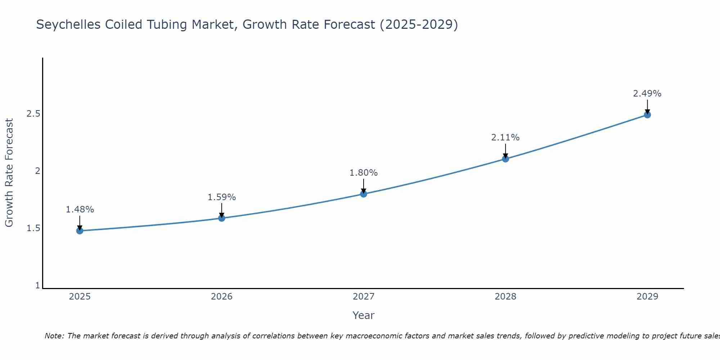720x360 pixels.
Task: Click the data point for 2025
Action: click(80, 231)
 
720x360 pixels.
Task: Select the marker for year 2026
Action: click(221, 218)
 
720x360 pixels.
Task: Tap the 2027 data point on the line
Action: click(364, 194)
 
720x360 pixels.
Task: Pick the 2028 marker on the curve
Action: click(505, 159)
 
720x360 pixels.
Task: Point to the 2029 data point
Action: click(647, 115)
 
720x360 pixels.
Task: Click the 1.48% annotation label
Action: click(80, 210)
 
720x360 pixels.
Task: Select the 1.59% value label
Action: click(221, 197)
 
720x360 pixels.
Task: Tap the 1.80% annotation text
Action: click(364, 173)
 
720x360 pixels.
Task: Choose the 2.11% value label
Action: click(505, 138)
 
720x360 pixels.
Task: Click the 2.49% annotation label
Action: click(647, 94)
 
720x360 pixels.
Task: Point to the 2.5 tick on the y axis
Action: click(33, 114)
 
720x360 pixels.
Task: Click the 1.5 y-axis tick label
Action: click(33, 228)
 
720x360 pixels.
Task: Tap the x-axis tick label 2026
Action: click(221, 297)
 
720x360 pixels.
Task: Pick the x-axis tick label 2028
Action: click(505, 297)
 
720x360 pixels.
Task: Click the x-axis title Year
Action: click(364, 315)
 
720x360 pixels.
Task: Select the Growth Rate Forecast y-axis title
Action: click(9, 173)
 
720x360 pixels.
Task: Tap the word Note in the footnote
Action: click(54, 336)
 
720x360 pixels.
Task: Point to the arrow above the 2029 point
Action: click(647, 107)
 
